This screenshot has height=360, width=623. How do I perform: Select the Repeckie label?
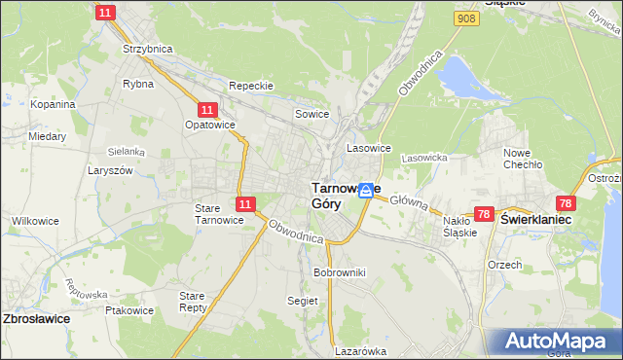(x=250, y=86)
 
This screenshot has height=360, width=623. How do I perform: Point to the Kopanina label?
(x=53, y=103)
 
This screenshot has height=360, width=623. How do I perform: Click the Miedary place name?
(x=47, y=136)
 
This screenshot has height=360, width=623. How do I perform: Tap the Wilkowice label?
(x=35, y=221)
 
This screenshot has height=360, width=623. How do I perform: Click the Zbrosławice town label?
(x=40, y=318)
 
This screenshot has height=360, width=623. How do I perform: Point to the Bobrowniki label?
(x=339, y=272)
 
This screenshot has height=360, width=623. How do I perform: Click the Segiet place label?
(x=303, y=301)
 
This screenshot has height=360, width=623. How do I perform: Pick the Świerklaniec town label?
(x=535, y=220)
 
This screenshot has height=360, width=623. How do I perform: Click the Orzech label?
(x=505, y=265)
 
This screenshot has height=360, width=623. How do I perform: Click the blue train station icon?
(x=365, y=191)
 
